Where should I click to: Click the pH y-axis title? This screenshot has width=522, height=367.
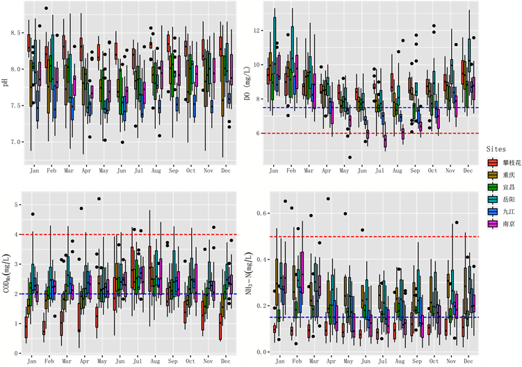coord(6,82)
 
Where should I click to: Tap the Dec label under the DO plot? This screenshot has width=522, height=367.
coord(468,170)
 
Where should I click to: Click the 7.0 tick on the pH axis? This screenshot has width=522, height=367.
coord(15,141)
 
